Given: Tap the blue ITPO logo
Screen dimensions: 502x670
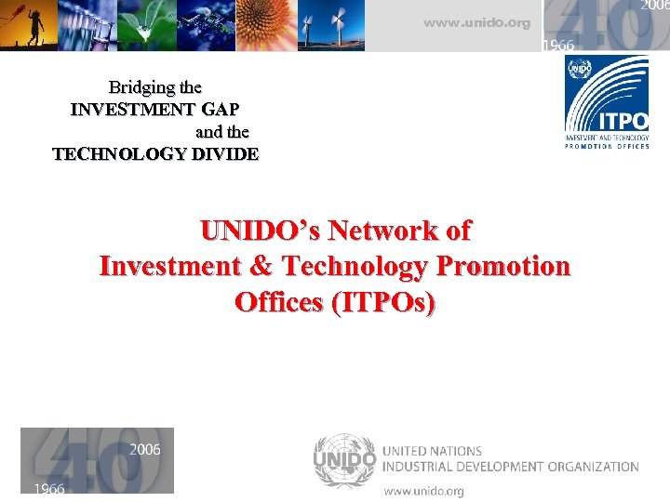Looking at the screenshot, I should coord(607,102).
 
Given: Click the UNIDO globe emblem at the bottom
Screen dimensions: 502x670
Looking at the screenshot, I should coord(344,459).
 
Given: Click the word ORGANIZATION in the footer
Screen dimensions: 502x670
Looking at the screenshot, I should coord(585,467).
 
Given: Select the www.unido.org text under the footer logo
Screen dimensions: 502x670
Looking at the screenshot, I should coord(423,490).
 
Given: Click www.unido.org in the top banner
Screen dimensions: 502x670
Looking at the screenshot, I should coord(476,23).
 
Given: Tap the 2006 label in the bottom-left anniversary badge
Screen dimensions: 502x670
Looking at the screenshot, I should coord(144,450).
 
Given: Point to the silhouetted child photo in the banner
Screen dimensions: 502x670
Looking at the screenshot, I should coord(28,24).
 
